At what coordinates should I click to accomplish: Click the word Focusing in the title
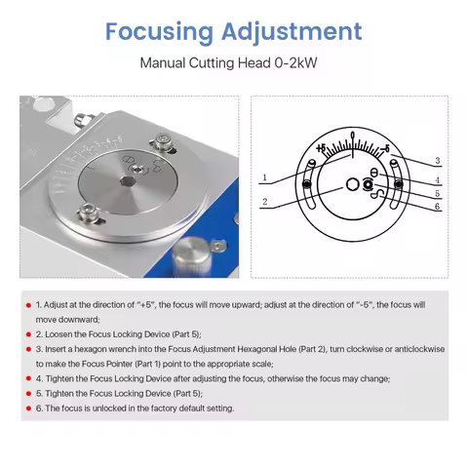(x=158, y=31)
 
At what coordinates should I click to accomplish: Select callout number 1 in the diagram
(x=264, y=177)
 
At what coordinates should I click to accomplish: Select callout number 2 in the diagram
(x=264, y=202)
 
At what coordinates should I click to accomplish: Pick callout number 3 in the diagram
(x=438, y=160)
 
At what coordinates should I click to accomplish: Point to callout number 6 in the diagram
(x=438, y=207)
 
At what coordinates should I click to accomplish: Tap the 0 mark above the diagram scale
(x=352, y=134)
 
